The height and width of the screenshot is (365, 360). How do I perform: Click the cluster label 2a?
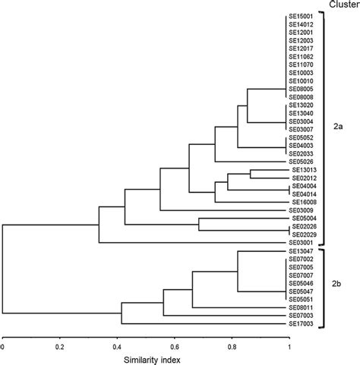point(338,128)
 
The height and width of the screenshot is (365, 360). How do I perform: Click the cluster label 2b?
point(338,283)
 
